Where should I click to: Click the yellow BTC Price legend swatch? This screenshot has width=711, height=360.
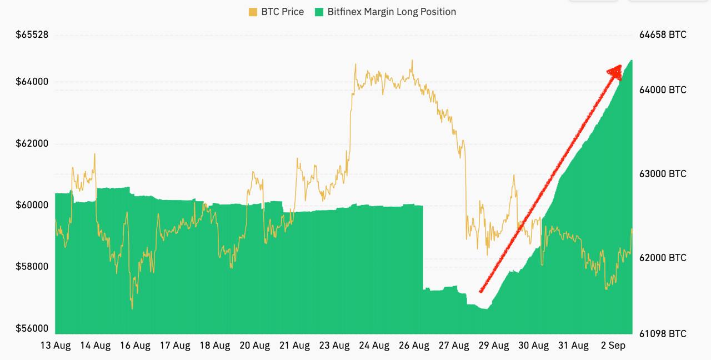253,12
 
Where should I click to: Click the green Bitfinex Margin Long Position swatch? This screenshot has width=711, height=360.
319,12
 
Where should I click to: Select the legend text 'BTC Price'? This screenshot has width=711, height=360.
282,12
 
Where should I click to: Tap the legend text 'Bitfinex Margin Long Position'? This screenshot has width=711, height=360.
392,12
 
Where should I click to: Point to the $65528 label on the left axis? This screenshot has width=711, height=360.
32,34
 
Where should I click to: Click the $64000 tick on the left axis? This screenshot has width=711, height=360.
32,82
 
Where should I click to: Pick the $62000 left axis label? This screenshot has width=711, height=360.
32,143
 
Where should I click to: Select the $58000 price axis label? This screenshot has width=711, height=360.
32,267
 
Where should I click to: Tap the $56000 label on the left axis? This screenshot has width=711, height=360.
32,328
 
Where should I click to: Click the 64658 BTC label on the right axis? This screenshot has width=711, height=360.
663,34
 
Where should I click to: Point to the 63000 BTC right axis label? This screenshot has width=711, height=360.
663,174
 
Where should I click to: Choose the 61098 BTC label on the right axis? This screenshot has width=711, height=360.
663,334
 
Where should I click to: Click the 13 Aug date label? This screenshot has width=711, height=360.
56,346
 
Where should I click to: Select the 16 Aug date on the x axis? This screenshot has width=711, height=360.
135,346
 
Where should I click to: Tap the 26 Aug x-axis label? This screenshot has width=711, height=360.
414,346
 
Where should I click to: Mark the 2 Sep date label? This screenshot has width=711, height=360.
613,346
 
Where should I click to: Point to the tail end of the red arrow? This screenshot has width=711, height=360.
480,291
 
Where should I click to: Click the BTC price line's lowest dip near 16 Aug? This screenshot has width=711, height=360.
132,308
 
